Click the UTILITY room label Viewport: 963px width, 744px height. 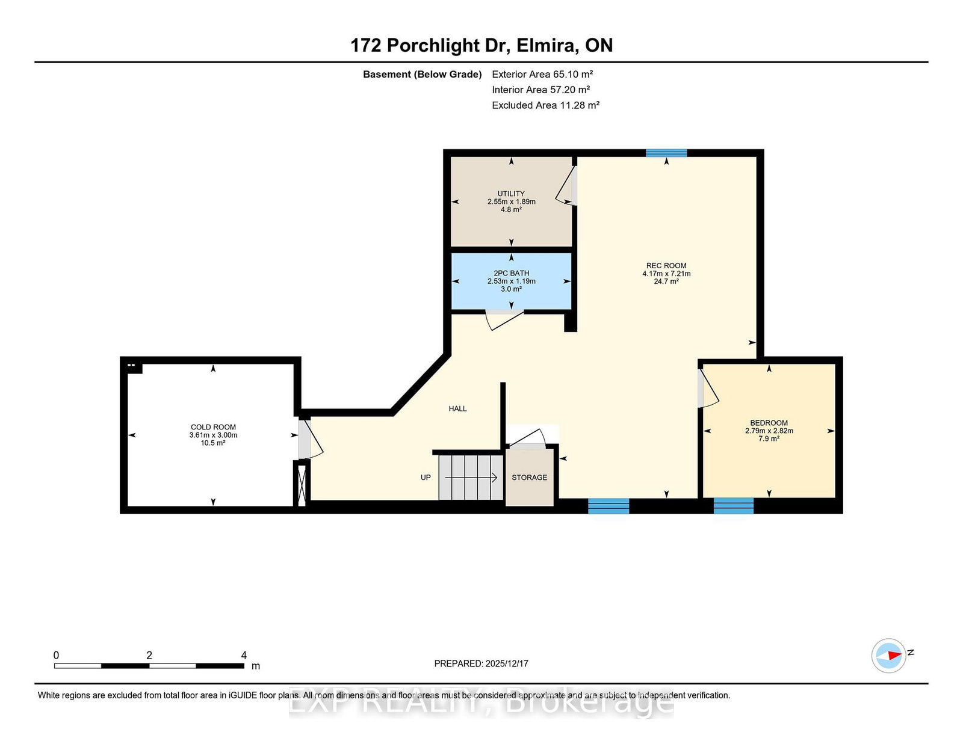tap(511, 194)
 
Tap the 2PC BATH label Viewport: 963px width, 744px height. tap(512, 273)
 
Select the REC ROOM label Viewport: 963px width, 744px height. tap(666, 266)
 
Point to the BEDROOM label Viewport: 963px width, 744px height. tap(769, 423)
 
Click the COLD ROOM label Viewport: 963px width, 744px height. tap(213, 428)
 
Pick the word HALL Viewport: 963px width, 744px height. tap(457, 409)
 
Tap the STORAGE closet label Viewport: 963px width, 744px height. tap(529, 478)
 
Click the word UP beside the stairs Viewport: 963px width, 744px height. tap(426, 478)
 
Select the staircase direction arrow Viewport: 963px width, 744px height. tap(471, 478)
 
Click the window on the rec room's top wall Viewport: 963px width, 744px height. tap(666, 153)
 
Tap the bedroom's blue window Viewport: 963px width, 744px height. tap(734, 506)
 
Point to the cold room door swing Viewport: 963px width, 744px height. tap(311, 438)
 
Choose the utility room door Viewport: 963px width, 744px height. tap(566, 186)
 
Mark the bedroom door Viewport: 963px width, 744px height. tap(708, 389)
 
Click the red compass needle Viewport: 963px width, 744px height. tap(894, 655)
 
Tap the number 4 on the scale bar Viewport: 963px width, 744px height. tap(244, 655)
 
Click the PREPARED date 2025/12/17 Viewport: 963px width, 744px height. tap(507, 663)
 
